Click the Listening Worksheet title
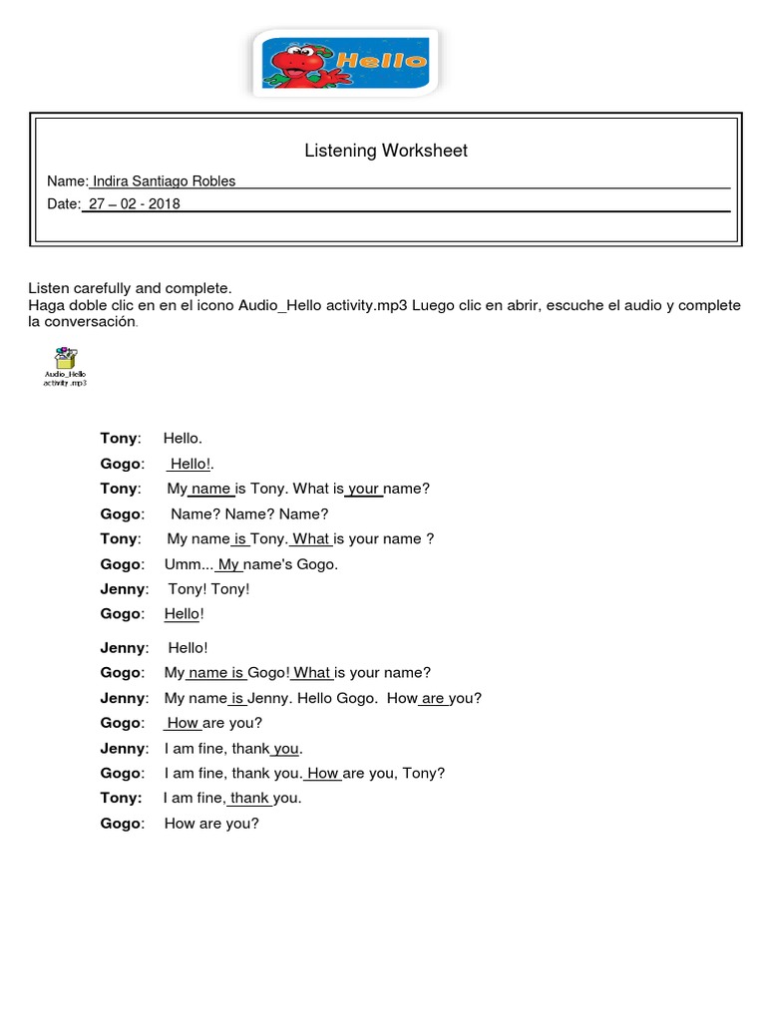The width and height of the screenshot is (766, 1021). click(385, 151)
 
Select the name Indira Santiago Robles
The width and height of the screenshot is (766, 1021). click(164, 180)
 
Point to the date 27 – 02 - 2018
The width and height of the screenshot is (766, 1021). click(134, 203)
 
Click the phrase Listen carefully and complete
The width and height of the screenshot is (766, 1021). click(130, 288)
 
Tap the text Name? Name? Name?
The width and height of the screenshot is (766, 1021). click(249, 514)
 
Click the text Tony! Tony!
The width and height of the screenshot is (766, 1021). click(208, 589)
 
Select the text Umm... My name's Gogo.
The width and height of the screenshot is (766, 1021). click(251, 564)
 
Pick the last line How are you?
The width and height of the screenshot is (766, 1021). click(211, 824)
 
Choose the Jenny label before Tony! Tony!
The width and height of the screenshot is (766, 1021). click(124, 589)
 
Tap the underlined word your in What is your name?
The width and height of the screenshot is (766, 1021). click(364, 489)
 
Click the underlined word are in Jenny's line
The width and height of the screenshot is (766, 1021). click(433, 698)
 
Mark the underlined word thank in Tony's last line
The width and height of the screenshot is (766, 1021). click(249, 798)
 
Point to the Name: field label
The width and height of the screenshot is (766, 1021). click(67, 180)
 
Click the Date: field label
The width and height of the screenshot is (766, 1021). click(63, 203)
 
